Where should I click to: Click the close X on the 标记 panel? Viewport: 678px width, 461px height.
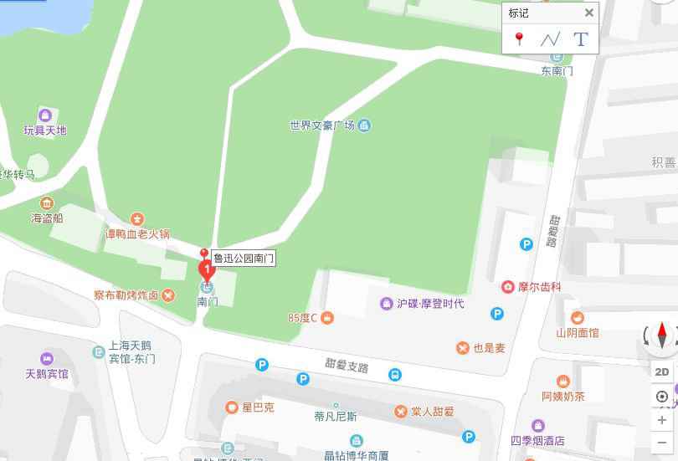point(589,13)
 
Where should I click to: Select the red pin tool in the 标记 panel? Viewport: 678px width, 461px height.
point(519,38)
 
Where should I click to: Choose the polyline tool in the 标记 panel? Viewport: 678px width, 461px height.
point(550,38)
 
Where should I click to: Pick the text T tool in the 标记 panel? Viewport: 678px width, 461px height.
point(581,38)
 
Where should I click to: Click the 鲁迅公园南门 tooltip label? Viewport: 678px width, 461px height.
point(243,259)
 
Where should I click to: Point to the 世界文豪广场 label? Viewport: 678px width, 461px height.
point(322,125)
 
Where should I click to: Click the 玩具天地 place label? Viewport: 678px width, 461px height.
point(45,131)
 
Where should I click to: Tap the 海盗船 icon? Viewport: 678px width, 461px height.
point(47,203)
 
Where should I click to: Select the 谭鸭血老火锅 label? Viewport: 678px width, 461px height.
point(137,234)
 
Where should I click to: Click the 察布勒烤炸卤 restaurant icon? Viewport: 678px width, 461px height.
point(169,295)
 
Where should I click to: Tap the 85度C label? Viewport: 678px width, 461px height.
point(303,318)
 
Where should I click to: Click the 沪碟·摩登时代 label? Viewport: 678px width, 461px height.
point(430,304)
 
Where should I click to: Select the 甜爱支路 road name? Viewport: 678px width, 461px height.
point(347,366)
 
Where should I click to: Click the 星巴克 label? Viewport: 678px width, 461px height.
point(259,408)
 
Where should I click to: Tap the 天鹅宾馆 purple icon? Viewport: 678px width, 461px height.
point(46,358)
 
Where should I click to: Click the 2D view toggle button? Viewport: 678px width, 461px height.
point(661,371)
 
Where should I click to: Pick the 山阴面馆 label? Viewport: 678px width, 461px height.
point(578,332)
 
